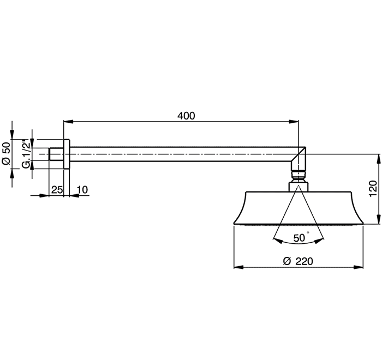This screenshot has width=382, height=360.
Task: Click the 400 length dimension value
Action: [186, 116]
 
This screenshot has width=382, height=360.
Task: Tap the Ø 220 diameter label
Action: [298, 261]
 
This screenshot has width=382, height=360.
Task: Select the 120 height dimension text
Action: [373, 189]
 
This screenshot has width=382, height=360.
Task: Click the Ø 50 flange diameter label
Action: [7, 153]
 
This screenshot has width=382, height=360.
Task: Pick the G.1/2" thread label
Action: [26, 154]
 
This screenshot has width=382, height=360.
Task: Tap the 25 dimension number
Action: [57, 189]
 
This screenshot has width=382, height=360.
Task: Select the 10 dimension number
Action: [82, 189]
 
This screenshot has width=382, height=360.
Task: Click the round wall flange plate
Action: [67, 154]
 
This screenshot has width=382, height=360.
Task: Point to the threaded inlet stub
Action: [56, 154]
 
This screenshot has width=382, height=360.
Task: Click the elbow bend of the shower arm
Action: [299, 158]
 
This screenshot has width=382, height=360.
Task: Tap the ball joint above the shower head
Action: [299, 176]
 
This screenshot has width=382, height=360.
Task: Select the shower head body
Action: [299, 208]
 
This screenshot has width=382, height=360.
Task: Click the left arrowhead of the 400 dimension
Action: [68, 122]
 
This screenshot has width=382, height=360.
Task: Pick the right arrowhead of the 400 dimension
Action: [294, 122]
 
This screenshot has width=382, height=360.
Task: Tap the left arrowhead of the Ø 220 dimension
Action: [238, 267]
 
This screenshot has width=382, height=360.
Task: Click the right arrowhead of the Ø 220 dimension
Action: [359, 267]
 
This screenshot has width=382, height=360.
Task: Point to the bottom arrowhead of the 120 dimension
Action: [378, 219]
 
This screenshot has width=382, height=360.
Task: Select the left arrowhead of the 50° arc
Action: [278, 241]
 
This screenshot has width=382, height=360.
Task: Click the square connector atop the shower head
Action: [299, 187]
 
